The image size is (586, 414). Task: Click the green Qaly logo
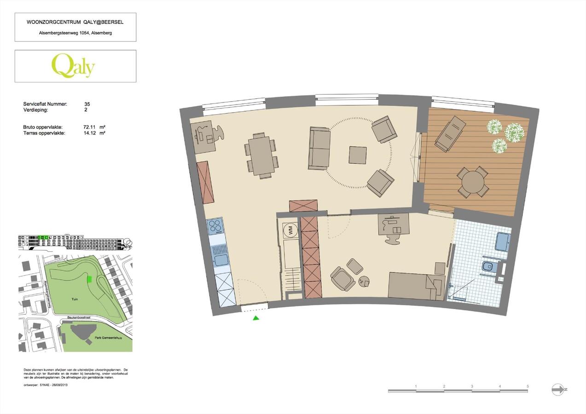(73, 66)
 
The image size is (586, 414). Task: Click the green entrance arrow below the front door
(256, 318)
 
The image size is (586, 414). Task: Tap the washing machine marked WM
(290, 230)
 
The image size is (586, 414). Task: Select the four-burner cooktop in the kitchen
(216, 226)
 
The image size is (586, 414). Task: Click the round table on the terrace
(473, 182)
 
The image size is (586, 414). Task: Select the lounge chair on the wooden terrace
(450, 133)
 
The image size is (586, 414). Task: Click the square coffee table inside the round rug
(358, 155)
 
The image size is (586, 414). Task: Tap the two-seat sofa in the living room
(319, 148)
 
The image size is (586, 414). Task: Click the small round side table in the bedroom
(365, 281)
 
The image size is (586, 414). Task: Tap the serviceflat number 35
(87, 104)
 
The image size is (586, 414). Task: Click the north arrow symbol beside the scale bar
(558, 389)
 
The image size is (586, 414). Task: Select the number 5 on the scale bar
(528, 386)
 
